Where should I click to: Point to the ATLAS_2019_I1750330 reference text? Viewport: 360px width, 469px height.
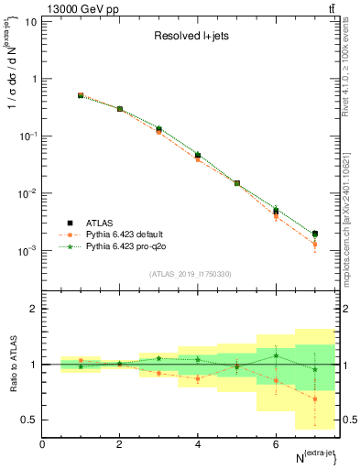pos(190,274)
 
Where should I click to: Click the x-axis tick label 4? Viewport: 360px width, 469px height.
pos(198,444)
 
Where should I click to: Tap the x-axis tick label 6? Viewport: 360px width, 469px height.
pos(276,444)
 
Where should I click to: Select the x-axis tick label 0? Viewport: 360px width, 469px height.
pos(42,444)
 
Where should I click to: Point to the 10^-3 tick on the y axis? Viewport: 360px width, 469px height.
pos(27,250)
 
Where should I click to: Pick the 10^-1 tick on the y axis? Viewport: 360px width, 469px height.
pos(27,136)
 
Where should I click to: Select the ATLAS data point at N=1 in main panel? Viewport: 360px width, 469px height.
pos(81,95)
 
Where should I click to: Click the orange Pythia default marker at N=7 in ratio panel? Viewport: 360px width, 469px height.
pos(314,398)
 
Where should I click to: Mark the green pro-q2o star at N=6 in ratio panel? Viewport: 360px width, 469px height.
pos(276,355)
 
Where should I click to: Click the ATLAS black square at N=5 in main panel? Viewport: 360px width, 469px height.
pos(236,183)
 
